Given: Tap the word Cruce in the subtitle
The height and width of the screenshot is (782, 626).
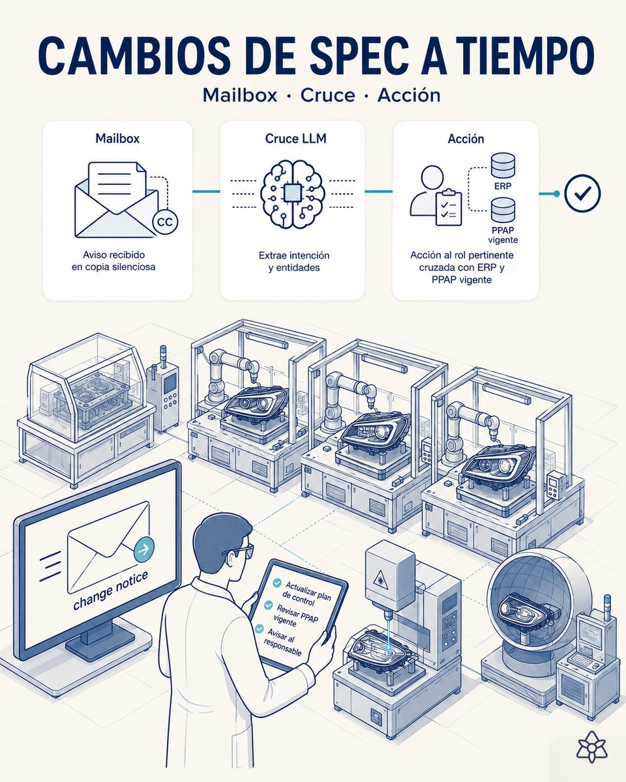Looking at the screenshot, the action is click(x=328, y=96).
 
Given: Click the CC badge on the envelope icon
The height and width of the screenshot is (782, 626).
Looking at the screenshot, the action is click(x=166, y=222).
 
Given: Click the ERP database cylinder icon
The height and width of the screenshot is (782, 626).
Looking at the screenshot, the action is click(x=503, y=166).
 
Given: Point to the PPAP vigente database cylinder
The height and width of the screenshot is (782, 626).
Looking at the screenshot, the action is click(x=503, y=210).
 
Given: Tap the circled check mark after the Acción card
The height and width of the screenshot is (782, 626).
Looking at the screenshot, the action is click(x=582, y=194).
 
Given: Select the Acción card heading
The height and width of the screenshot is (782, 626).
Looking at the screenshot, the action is click(x=466, y=139).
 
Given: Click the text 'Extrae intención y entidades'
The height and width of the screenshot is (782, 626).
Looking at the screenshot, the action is click(x=294, y=261).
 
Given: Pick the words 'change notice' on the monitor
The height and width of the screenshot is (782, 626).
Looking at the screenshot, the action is click(x=110, y=590).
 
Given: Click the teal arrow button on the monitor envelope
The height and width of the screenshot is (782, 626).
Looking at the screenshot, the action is click(x=144, y=550).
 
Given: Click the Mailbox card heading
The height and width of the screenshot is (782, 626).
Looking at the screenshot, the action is click(x=117, y=138).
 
